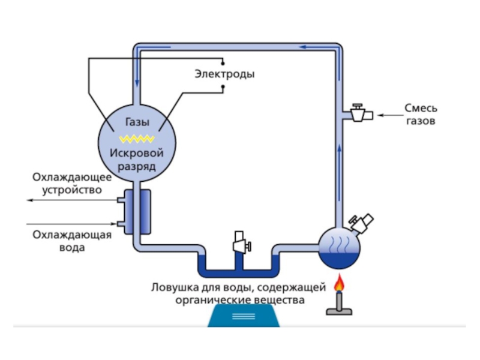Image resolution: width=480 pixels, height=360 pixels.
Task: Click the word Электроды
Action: click(224, 74)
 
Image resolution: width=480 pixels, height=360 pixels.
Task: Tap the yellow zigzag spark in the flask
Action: click(137, 139)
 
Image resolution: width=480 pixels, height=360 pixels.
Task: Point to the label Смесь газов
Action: click(420, 115)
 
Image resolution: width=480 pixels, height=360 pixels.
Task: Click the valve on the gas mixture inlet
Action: click(359, 113)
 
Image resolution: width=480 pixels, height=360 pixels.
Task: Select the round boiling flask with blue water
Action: click(339, 247)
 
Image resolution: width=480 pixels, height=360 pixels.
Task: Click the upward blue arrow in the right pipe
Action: click(340, 150)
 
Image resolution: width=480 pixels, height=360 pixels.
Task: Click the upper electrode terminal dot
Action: click(223, 61)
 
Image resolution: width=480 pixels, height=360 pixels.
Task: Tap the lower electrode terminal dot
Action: click(223, 88)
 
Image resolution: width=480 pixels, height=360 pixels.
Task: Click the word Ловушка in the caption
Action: click(176, 287)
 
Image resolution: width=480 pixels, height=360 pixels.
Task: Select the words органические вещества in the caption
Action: click(240, 299)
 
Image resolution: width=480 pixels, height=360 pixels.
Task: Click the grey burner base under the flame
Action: click(340, 307)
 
